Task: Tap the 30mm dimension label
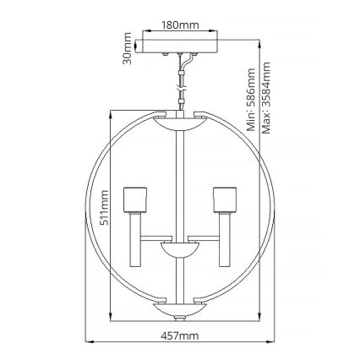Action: pos(128,48)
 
